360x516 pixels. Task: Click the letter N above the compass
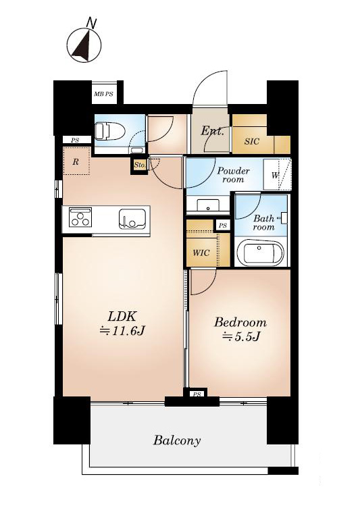[x=91, y=23]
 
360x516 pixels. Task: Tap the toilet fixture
[x=110, y=131]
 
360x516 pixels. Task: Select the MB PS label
[x=103, y=94]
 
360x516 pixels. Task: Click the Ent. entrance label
[x=212, y=131]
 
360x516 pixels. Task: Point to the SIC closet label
[x=252, y=142]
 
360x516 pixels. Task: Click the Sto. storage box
[x=139, y=165]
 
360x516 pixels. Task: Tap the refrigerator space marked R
[x=76, y=161]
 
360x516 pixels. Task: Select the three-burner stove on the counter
[x=80, y=217]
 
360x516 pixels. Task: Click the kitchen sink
[x=132, y=219]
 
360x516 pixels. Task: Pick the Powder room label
[x=233, y=175]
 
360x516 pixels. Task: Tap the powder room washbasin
[x=207, y=205]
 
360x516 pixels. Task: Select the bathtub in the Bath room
[x=260, y=252]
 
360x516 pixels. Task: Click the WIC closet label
[x=201, y=253]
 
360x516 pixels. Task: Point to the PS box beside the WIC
[x=223, y=226]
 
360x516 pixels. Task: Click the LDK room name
[x=122, y=317]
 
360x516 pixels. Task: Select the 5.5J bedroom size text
[x=241, y=336]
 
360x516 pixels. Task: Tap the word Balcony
[x=177, y=440]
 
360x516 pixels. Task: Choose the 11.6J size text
[x=122, y=331]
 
